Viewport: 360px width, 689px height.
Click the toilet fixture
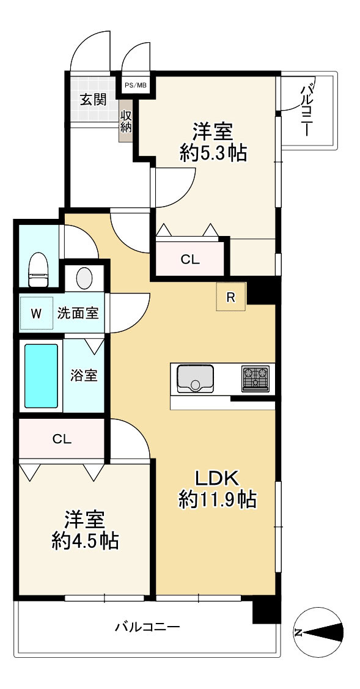(39, 269)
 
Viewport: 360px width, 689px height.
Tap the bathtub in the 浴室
(41, 376)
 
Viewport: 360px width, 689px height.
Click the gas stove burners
(255, 378)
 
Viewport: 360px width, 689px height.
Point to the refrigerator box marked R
(231, 297)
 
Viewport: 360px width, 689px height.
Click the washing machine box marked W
(37, 313)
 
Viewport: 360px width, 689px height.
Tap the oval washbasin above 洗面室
(84, 278)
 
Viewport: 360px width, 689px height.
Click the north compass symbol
(318, 632)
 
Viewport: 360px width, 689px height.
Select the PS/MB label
(136, 85)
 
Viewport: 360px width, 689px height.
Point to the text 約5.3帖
(213, 154)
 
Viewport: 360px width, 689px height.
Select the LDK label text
(217, 478)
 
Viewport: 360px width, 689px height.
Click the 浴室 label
(84, 376)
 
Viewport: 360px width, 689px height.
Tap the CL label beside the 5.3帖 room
(190, 260)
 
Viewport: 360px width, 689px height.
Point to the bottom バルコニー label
(148, 627)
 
